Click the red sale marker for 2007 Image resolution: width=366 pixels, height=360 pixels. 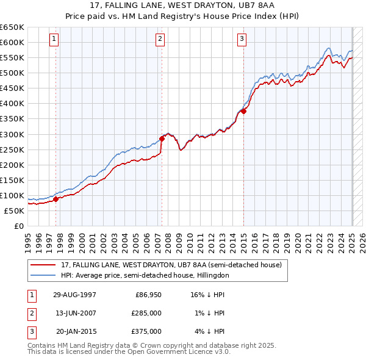pyautogui.click(x=162, y=139)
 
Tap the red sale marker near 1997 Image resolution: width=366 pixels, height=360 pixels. pyautogui.click(x=56, y=198)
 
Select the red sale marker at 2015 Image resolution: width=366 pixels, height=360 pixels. pyautogui.click(x=243, y=111)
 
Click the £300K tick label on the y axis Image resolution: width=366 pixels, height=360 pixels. pyautogui.click(x=13, y=134)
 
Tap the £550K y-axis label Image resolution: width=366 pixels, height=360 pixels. pyautogui.click(x=13, y=58)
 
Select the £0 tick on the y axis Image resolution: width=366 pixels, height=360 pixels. pyautogui.click(x=19, y=226)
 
